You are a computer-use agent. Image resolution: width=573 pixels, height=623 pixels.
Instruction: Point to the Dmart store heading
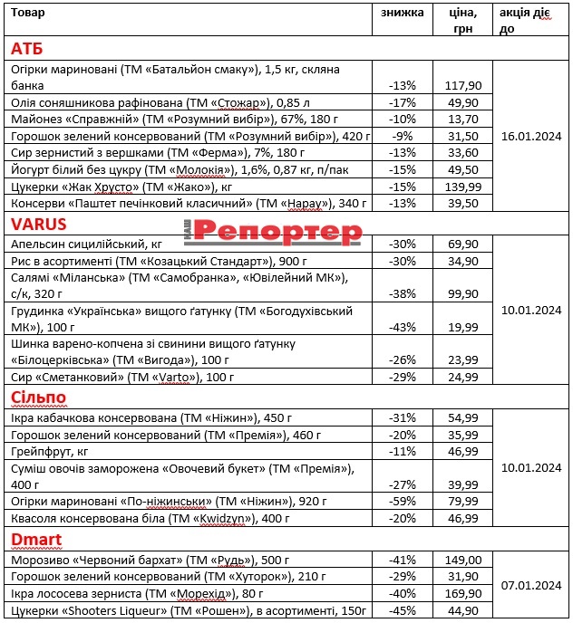coord(36,540)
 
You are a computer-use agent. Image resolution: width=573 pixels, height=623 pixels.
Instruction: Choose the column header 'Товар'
coord(27,13)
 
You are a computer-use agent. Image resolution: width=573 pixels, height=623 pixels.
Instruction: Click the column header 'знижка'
coord(402,13)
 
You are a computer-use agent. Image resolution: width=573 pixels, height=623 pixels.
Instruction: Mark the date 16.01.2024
coord(531,136)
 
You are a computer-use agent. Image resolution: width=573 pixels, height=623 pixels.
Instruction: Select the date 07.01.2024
coord(531,585)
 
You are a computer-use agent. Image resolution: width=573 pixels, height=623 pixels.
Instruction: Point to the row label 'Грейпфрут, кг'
coord(48,450)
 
